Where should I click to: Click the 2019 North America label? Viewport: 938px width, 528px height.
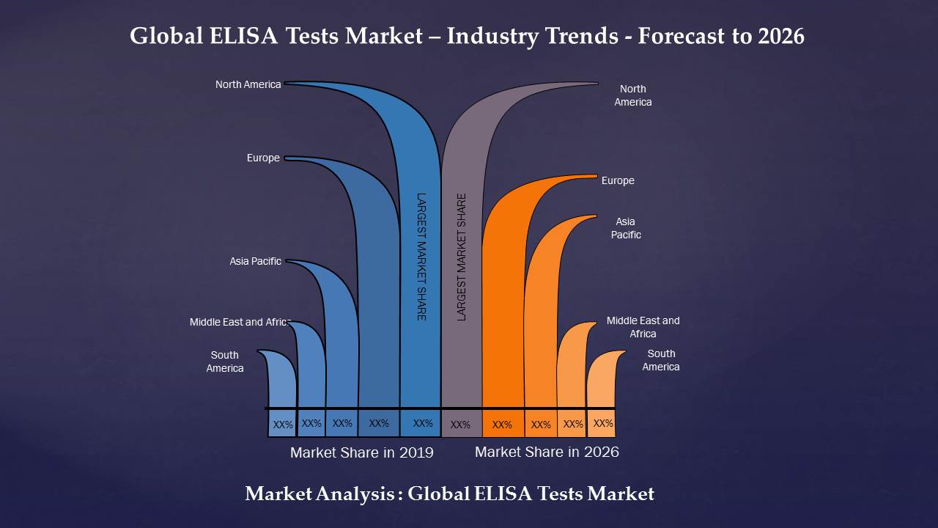click(x=248, y=84)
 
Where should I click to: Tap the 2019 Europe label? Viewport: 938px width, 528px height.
click(x=263, y=158)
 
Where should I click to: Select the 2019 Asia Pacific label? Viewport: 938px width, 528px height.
click(x=255, y=261)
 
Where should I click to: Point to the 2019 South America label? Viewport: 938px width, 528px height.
click(x=225, y=362)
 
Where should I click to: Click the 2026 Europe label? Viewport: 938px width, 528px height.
click(x=618, y=180)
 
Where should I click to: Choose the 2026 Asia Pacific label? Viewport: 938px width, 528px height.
click(x=626, y=228)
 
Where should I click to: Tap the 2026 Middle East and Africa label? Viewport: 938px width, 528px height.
click(x=643, y=327)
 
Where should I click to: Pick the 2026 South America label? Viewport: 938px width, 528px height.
click(x=661, y=360)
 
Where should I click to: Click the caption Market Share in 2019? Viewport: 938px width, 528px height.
click(x=361, y=452)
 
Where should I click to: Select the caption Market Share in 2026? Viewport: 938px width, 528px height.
click(x=547, y=452)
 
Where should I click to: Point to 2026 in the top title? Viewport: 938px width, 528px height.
click(x=781, y=36)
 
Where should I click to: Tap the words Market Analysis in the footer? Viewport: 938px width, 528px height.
click(x=320, y=494)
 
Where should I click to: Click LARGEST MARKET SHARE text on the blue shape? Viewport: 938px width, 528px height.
click(x=421, y=256)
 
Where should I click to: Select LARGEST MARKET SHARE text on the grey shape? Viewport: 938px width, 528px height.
click(x=462, y=256)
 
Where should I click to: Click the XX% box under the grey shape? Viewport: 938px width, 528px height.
click(x=460, y=425)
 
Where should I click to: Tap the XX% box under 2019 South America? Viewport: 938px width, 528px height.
click(x=282, y=425)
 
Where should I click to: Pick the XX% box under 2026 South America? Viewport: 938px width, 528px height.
click(x=602, y=424)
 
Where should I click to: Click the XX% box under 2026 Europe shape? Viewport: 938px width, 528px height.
click(x=502, y=425)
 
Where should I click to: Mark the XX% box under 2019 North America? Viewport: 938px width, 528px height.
click(x=422, y=423)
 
